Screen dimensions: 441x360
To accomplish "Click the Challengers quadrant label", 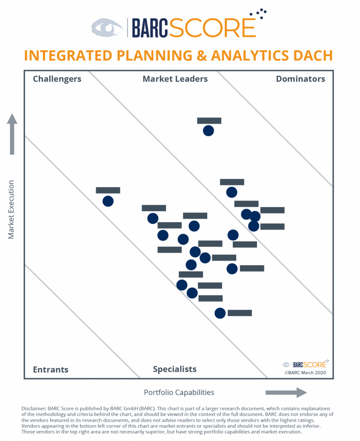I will pos(57,79).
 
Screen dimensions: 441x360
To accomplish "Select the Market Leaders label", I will pos(175,79).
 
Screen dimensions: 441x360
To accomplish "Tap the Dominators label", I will pos(300,79).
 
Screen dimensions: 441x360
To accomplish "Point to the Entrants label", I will pos(50,369).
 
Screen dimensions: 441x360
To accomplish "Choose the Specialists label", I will pos(175,369).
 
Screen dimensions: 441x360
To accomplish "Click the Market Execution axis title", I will pos(11,209).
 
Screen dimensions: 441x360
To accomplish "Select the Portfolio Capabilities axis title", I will pos(179,392).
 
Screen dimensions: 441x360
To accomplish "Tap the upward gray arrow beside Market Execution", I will pos(12,134).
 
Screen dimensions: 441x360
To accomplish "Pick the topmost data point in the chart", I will pos(208,131).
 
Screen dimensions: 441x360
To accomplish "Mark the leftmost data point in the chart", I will pos(108,201).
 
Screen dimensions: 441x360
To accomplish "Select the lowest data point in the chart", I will pos(220,313).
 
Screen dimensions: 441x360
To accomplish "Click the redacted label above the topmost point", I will pos(209,121).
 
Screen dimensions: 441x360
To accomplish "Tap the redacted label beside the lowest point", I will pos(240,313).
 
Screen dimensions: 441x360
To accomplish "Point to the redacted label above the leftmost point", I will pos(108,190).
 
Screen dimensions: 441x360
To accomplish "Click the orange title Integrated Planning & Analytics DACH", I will pos(178,55).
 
